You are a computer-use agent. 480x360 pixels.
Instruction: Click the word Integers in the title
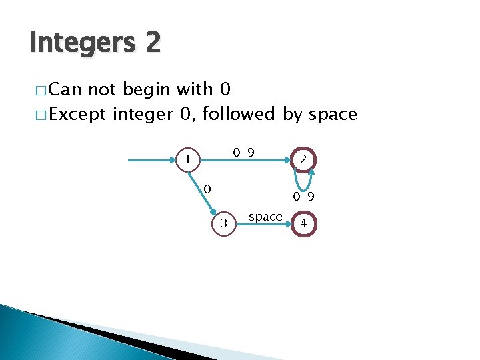point(81,44)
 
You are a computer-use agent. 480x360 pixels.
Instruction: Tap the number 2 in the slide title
point(150,43)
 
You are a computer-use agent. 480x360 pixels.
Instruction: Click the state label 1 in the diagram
point(189,159)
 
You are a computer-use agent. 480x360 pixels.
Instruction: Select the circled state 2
point(303,159)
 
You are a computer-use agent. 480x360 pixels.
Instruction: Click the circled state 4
point(303,224)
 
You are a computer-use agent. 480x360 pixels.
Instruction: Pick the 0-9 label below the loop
point(303,197)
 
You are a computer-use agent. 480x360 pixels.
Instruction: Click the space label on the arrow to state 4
point(265,216)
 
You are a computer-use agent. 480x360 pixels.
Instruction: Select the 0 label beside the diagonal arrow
point(207,189)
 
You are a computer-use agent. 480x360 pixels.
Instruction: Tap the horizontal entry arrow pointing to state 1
point(153,160)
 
